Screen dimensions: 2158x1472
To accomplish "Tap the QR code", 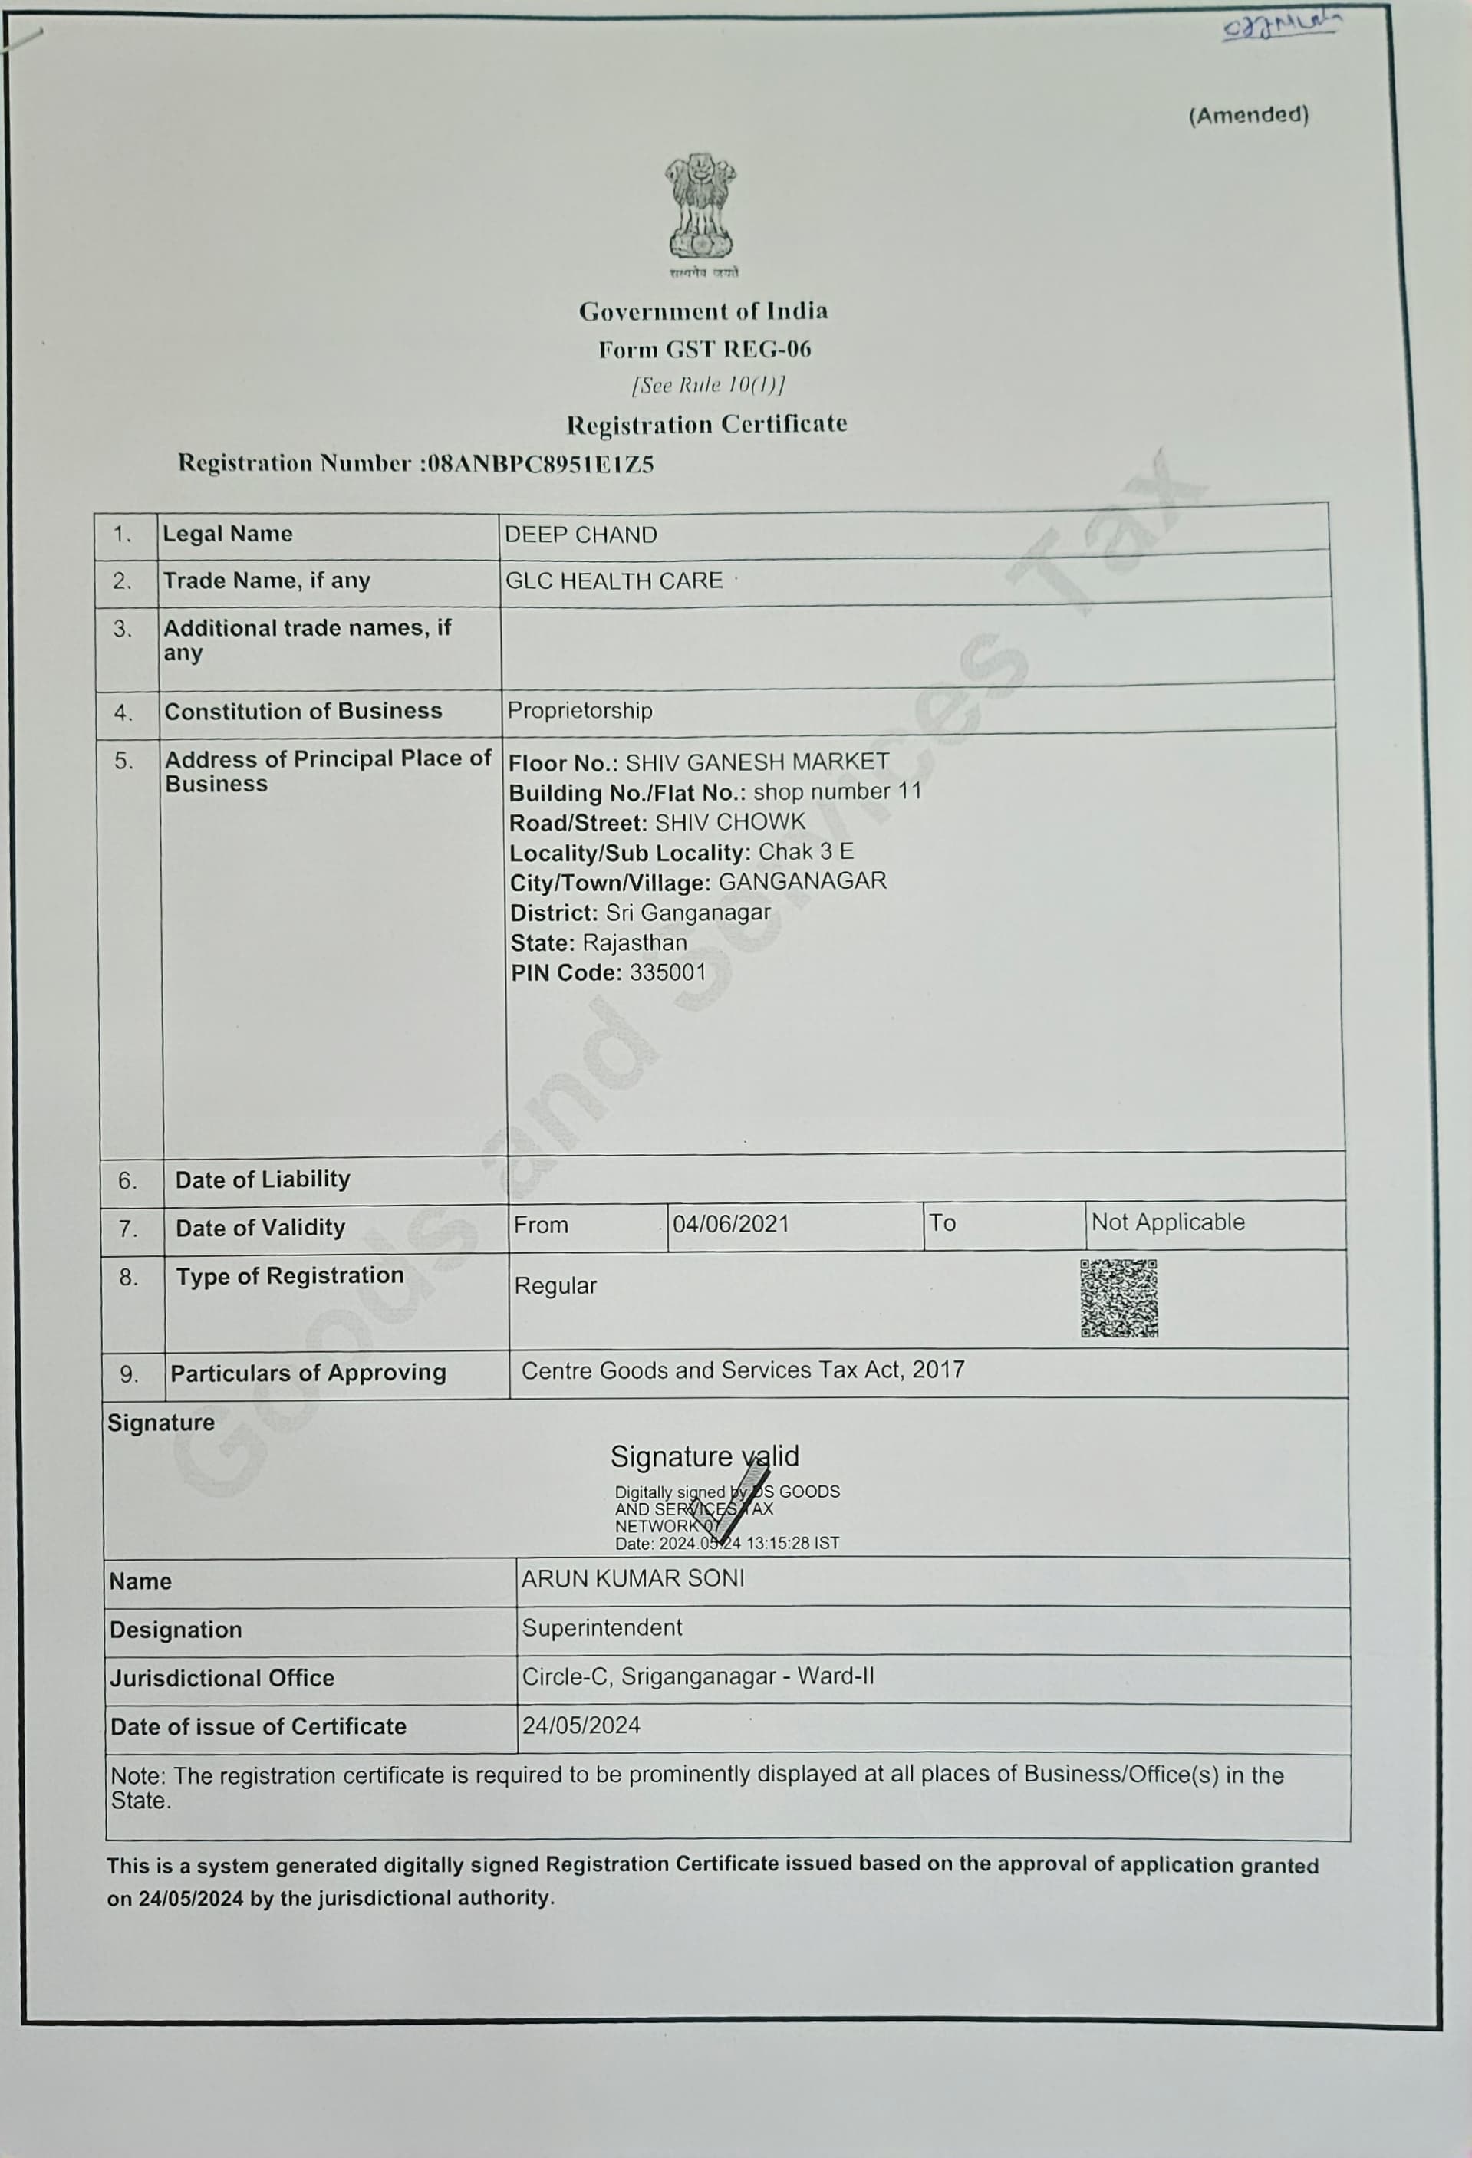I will point(1118,1298).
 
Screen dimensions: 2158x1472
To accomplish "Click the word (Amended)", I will point(1248,115).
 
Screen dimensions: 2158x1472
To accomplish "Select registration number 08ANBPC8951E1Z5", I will point(538,463).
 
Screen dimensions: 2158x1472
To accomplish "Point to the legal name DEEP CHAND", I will point(581,535).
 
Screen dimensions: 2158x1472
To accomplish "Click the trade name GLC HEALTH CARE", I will point(614,581).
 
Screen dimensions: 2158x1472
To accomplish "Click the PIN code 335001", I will point(668,972).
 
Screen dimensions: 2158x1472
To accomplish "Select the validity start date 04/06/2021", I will point(731,1224).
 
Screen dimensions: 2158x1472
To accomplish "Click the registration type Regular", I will point(555,1286).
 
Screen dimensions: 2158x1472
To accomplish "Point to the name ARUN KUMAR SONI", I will point(633,1578).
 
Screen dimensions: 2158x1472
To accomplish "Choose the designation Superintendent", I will point(602,1628).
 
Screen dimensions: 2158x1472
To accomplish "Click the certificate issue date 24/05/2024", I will point(581,1725).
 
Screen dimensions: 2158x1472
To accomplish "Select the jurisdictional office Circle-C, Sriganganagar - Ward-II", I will point(697,1676).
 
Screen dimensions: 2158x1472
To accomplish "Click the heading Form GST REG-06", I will point(704,349).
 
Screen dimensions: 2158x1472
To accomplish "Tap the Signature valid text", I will point(704,1456).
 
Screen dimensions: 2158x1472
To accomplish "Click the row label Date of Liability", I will point(263,1179).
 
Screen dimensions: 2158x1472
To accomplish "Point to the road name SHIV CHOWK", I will point(730,823).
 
